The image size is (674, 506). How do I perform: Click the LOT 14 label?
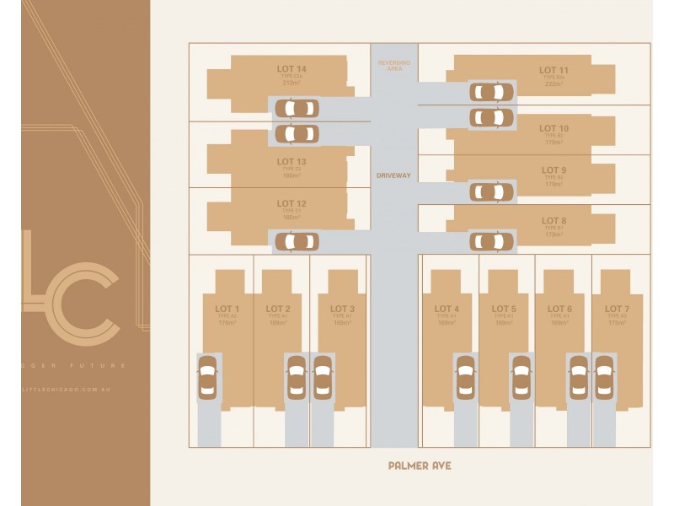(292, 68)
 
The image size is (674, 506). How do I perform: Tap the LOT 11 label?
(554, 70)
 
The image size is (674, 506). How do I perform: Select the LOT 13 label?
(292, 161)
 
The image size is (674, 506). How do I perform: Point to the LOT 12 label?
(292, 203)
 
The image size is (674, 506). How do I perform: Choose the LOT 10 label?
(554, 128)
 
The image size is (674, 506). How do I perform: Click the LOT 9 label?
(554, 170)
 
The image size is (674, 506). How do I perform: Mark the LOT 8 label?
(554, 221)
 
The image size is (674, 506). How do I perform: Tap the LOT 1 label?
(227, 309)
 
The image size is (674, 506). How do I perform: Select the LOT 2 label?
(278, 309)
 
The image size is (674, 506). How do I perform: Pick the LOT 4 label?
(447, 309)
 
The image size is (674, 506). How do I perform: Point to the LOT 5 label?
(504, 309)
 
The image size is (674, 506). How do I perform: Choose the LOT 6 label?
(559, 309)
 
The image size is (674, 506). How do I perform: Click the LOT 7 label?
(617, 309)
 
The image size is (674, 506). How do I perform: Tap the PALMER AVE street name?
(420, 465)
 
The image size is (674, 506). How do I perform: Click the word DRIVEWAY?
(393, 175)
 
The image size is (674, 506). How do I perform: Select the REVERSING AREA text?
(393, 65)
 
